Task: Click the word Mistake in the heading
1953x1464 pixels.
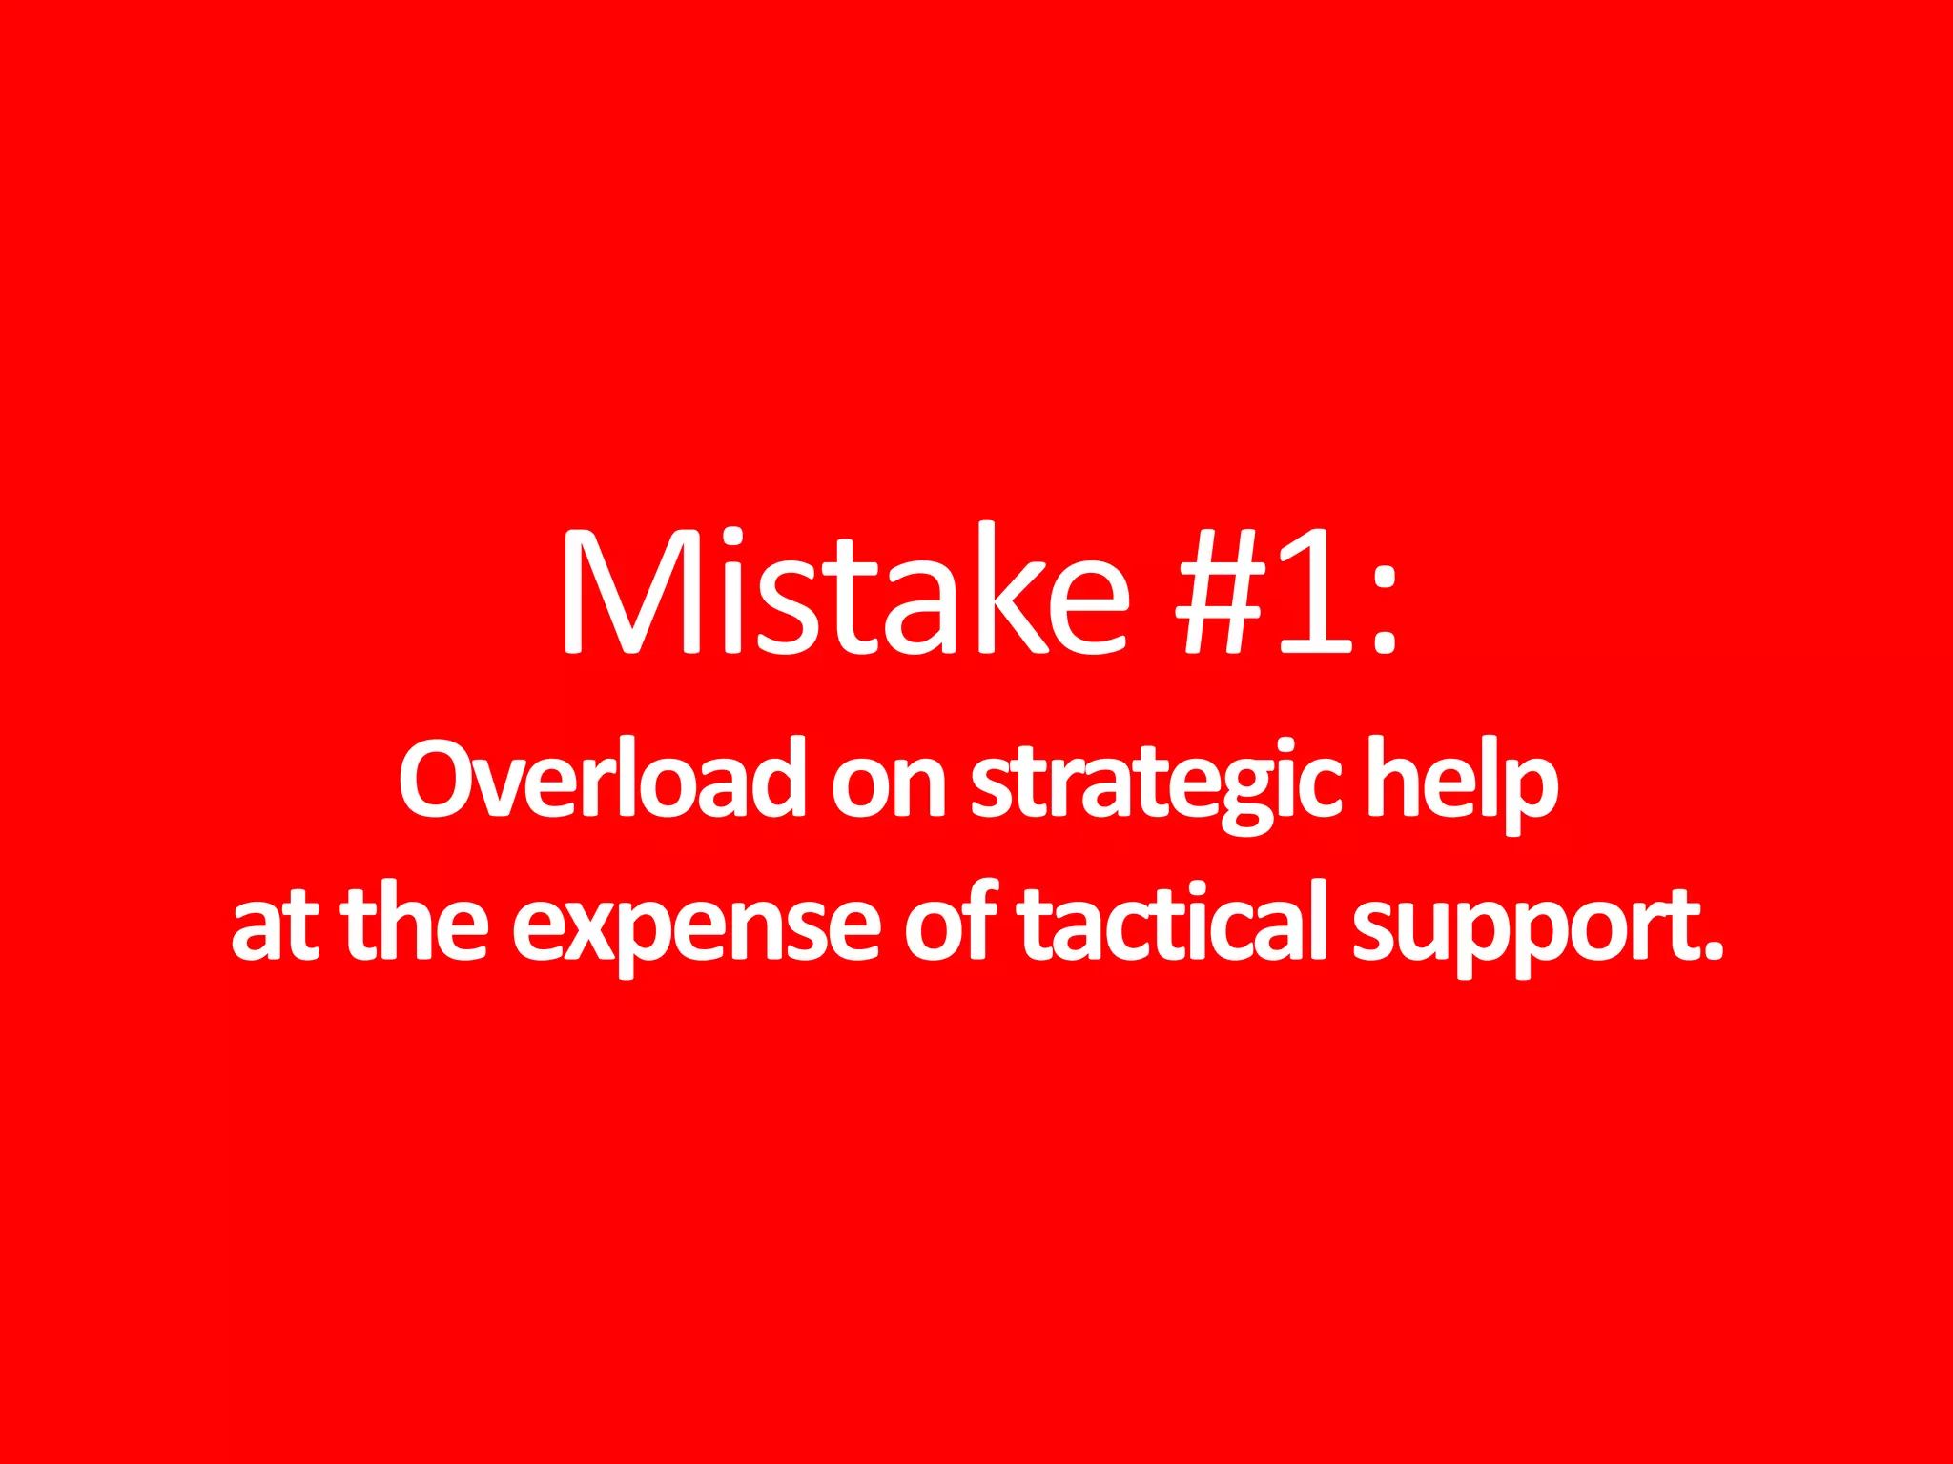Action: [x=843, y=591]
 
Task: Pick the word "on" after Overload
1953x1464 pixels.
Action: [x=887, y=787]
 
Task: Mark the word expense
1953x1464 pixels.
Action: [x=696, y=930]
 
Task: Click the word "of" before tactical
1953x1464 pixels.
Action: [x=950, y=923]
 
